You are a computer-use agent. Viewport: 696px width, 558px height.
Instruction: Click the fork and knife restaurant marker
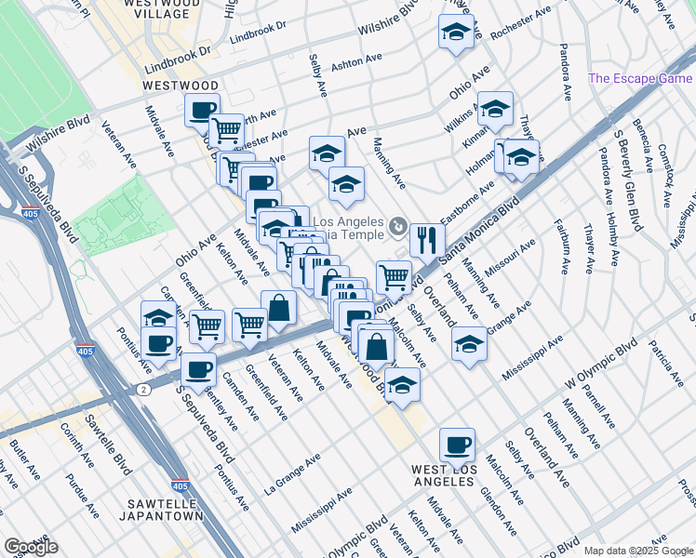pos(426,240)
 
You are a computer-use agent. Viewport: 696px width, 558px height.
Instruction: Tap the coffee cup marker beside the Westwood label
pos(201,111)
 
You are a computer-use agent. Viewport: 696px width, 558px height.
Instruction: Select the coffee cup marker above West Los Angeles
pos(456,445)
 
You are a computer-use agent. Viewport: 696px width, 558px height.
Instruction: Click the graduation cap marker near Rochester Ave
pos(454,33)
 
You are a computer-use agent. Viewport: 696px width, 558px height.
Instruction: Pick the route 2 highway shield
pos(142,389)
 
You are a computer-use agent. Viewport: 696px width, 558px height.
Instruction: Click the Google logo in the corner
pos(31,547)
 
